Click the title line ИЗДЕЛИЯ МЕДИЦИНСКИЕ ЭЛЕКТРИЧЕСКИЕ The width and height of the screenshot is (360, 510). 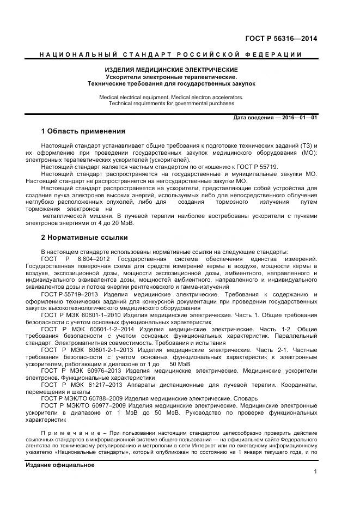pyautogui.click(x=171, y=71)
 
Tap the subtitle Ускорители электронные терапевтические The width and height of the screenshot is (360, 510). pyautogui.click(x=171, y=77)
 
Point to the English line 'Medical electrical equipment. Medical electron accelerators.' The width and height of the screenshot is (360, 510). pyautogui.click(x=171, y=97)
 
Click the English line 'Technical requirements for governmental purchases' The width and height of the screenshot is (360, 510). pyautogui.click(x=171, y=103)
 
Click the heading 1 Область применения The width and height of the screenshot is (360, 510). pyautogui.click(x=83, y=131)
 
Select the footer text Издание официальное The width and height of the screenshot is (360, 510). pyautogui.click(x=60, y=465)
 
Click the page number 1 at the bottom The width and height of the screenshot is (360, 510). pyautogui.click(x=315, y=472)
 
